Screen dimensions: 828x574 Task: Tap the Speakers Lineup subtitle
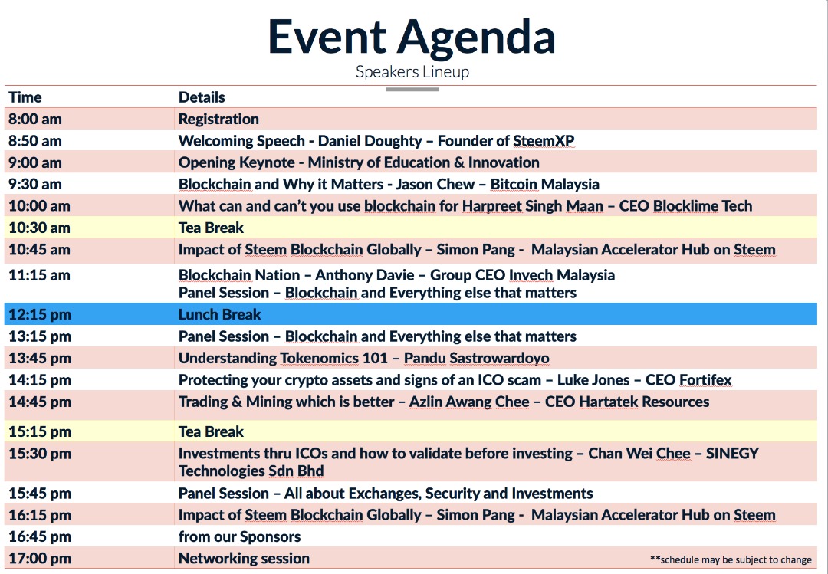412,72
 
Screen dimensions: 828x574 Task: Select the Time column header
25,97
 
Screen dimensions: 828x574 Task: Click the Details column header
202,97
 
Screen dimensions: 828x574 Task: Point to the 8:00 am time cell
34,120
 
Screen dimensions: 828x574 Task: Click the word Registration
219,120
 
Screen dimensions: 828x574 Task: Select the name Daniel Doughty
370,141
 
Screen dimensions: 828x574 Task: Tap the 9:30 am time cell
34,184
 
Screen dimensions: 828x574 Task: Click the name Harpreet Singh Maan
533,206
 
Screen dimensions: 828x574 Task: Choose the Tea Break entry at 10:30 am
211,228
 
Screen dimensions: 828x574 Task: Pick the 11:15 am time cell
39,275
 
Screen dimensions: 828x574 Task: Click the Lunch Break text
220,315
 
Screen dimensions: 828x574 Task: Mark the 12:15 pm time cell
40,315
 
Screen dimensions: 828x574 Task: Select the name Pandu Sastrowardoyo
476,358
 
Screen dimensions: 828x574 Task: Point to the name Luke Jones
593,380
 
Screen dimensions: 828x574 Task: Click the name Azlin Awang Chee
469,402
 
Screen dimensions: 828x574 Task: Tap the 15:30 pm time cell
40,454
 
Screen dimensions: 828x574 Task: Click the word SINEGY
732,454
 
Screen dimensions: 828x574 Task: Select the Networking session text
244,559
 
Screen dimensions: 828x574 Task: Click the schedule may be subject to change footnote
731,559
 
